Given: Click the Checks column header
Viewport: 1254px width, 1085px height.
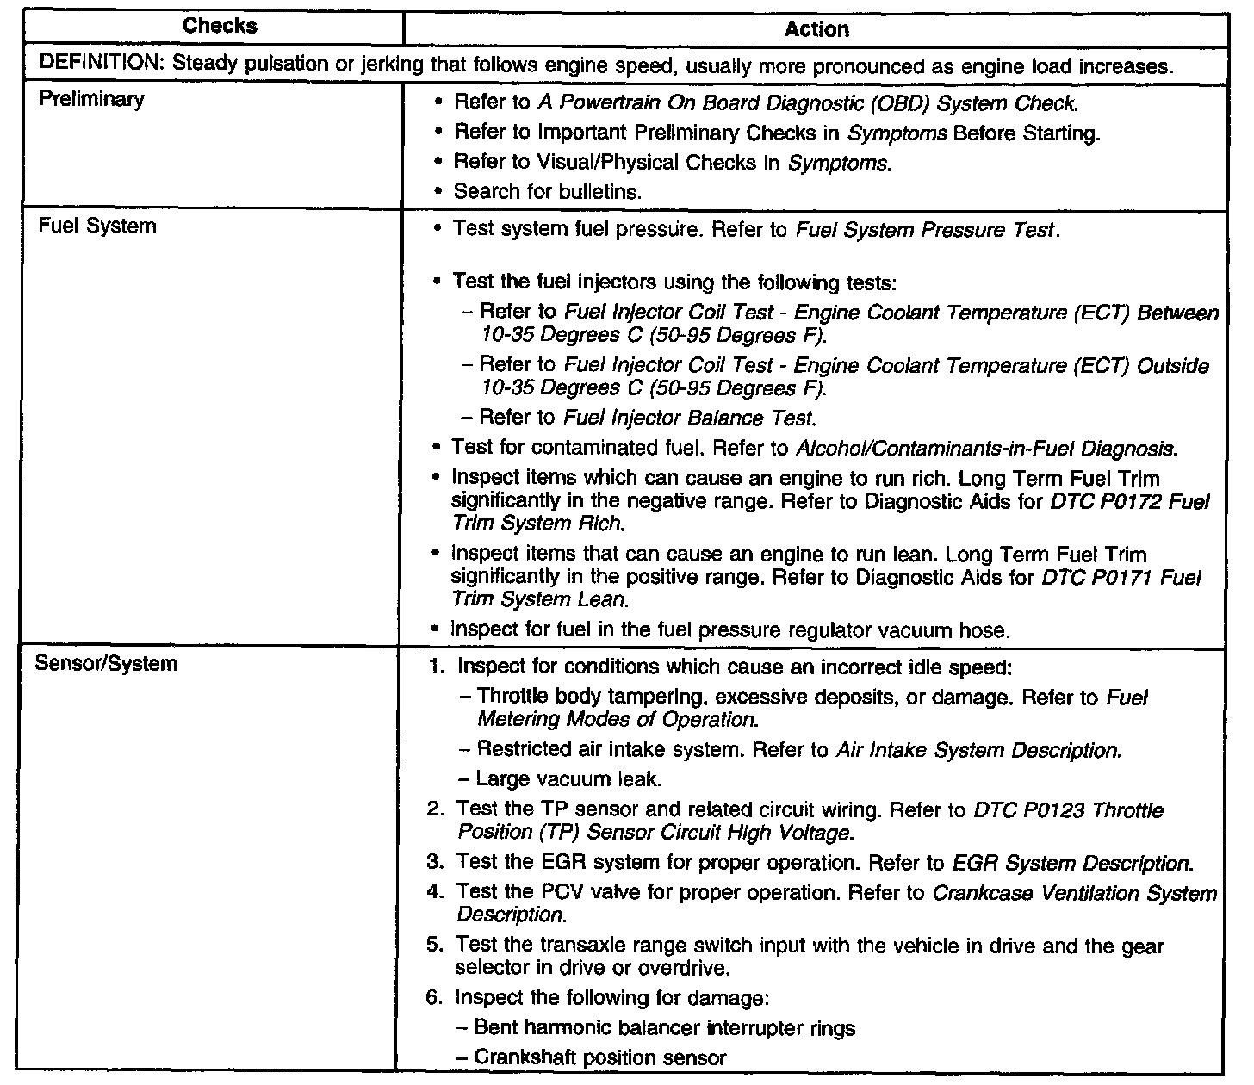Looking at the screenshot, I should coord(220,26).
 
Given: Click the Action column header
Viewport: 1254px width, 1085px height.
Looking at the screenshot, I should coord(816,30).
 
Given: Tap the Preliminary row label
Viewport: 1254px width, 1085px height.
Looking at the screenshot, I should coord(92,99).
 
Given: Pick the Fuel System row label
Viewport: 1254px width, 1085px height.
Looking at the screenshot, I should coord(97,226).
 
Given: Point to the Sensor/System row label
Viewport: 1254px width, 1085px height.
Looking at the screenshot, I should coord(106,664).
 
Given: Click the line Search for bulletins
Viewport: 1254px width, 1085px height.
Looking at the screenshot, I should coord(547,192).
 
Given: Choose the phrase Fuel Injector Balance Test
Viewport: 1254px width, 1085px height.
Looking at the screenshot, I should coord(688,418).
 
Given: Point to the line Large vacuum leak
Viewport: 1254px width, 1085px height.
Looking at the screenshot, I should coord(568,780).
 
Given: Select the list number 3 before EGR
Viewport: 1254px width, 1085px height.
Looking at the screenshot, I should coord(434,863).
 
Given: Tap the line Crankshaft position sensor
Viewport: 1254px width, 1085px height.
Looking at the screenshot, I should coord(600,1057).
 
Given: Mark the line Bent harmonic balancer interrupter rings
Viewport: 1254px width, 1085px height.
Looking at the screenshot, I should coord(664,1027).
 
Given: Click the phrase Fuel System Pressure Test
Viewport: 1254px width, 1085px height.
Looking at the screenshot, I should coord(925,231).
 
